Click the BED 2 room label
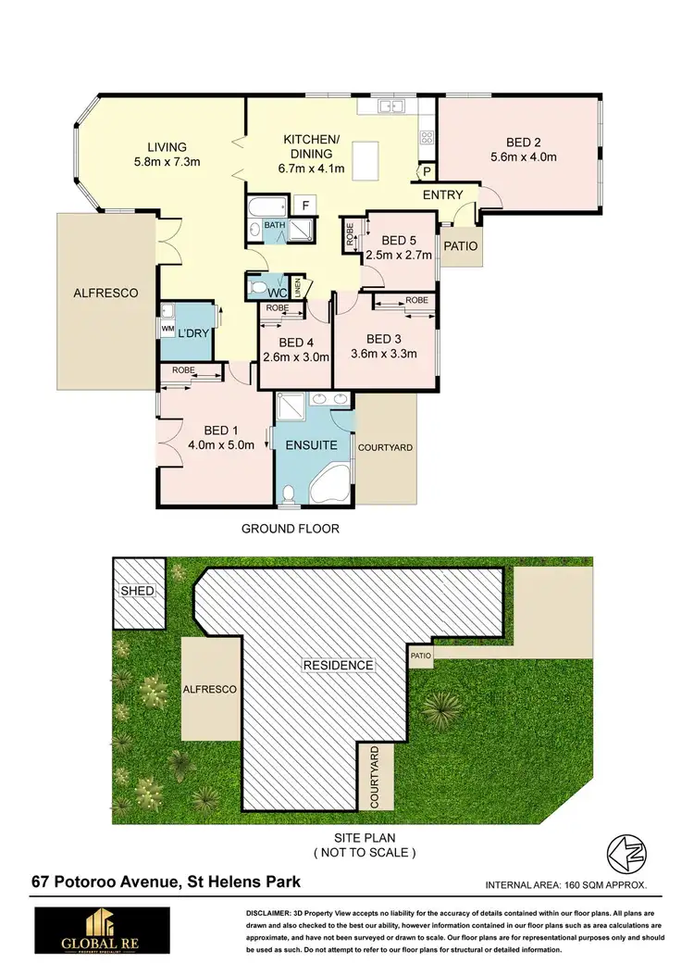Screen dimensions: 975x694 524,143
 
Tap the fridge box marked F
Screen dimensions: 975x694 302,206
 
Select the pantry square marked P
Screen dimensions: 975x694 427,171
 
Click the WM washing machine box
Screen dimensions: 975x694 167,328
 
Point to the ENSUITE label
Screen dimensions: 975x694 311,444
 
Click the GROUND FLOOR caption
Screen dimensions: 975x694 291,530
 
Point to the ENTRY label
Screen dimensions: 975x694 442,195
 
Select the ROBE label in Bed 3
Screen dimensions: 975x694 415,301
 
